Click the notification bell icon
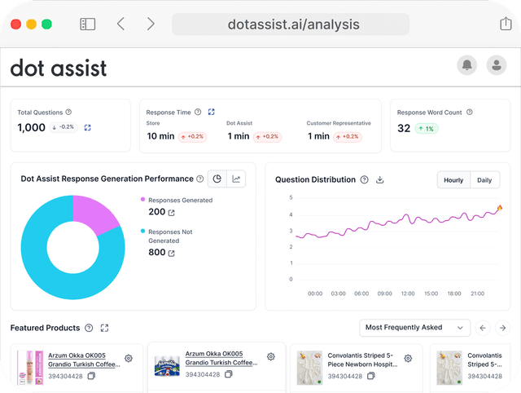point(467,66)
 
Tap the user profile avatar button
point(495,66)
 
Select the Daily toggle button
point(484,180)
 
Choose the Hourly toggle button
point(453,180)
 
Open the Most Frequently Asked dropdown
point(415,328)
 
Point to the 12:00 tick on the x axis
point(408,294)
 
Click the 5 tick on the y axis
point(291,198)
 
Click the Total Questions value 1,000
point(32,127)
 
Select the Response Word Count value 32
point(404,128)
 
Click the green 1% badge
point(427,129)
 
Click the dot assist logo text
point(58,68)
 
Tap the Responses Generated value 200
point(156,212)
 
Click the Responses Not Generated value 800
point(156,253)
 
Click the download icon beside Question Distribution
point(379,180)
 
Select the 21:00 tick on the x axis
point(478,294)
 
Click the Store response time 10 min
point(163,136)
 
